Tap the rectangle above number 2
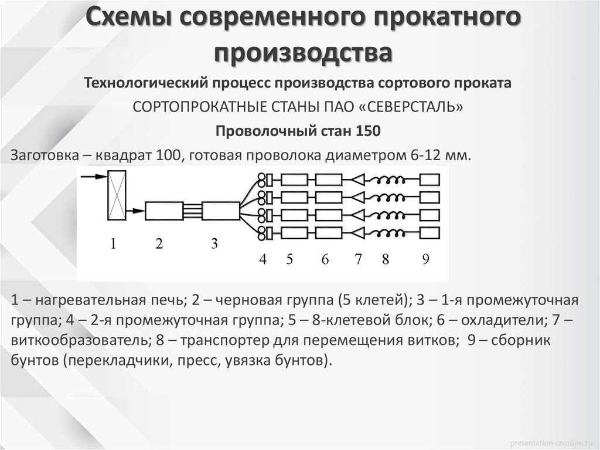pos(164,210)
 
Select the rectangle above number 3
pos(220,210)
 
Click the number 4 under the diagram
pos(263,260)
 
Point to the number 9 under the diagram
pos(425,260)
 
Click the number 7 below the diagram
pos(358,260)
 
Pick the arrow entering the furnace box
pos(91,175)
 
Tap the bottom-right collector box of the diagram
pos(430,233)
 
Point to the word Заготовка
pos(42,155)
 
